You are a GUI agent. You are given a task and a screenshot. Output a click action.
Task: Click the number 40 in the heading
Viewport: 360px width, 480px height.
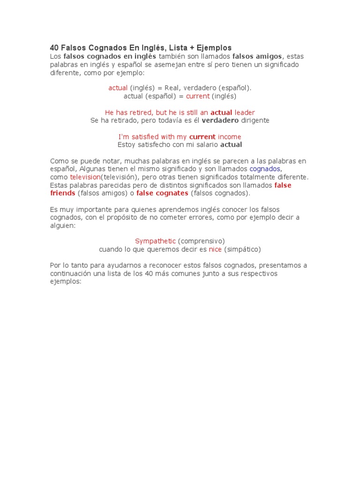pos(55,48)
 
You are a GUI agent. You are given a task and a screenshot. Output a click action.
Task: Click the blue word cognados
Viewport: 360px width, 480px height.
pos(265,169)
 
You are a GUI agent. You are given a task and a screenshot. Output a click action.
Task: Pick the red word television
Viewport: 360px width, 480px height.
pos(85,177)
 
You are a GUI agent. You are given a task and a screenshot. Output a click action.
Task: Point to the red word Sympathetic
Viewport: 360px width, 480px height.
pos(155,241)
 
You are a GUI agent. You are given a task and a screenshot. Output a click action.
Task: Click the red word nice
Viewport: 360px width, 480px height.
pos(215,249)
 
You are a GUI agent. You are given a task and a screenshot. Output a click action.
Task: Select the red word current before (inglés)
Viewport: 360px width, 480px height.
pos(198,96)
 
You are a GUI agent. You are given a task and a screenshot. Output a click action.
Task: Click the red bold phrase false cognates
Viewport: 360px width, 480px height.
pos(162,193)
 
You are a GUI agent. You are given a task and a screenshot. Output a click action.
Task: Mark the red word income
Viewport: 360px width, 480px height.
pos(230,137)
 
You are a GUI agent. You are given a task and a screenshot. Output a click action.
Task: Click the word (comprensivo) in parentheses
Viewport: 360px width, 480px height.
pos(202,241)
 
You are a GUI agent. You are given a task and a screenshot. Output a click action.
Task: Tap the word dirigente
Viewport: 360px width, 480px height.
pos(255,120)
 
